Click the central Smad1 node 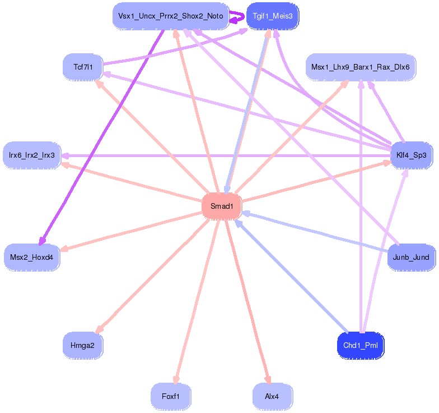point(222,206)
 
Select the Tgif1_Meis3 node point(273,16)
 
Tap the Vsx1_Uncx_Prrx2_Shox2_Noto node point(170,16)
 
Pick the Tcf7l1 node point(83,67)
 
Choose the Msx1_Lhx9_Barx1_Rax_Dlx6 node point(361,67)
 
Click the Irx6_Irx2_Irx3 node point(32,155)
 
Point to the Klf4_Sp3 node point(412,155)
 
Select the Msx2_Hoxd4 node point(32,258)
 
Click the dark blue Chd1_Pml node point(361,345)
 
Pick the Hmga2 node point(83,345)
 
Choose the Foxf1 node point(171,396)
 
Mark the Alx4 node point(273,396)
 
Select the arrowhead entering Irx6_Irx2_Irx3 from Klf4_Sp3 point(66,155)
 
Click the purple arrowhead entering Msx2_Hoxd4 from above point(42,241)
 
